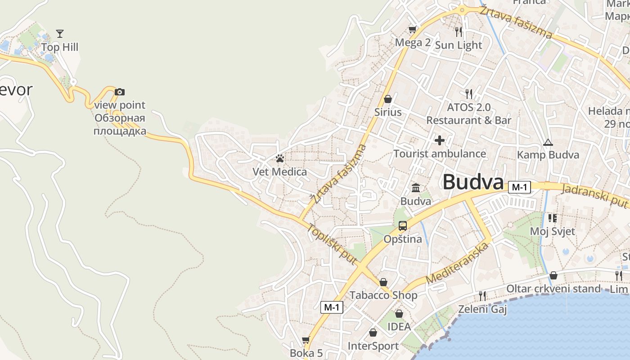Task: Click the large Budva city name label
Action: point(472,182)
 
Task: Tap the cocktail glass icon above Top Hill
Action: point(60,33)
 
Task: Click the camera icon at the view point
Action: point(120,92)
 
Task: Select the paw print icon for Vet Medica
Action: point(280,158)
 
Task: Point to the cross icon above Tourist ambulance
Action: point(440,140)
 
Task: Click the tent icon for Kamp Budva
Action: point(548,142)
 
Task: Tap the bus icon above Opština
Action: point(403,226)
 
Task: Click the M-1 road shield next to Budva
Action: point(519,187)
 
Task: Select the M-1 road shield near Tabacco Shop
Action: point(332,307)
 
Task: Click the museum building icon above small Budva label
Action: point(416,188)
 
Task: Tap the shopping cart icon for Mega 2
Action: point(412,30)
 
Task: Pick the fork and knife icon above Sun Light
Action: point(459,31)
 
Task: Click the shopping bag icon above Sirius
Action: point(388,99)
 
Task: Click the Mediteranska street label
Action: point(457,263)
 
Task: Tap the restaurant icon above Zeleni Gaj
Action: point(482,296)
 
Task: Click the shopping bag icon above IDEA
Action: point(399,314)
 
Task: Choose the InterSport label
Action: point(373,346)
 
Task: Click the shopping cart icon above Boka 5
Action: point(306,340)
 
